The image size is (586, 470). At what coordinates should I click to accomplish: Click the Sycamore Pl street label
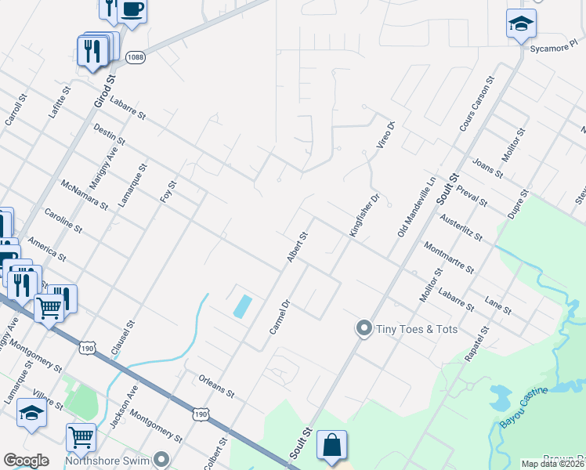click(x=552, y=48)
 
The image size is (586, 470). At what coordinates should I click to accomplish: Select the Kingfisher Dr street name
click(x=364, y=217)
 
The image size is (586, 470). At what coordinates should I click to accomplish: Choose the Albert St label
click(x=297, y=247)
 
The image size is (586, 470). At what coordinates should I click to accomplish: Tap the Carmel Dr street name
click(x=280, y=316)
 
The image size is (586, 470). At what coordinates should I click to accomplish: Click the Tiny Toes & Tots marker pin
click(x=364, y=329)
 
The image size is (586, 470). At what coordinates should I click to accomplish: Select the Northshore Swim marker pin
click(x=162, y=458)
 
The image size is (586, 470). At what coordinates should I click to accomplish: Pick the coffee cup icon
click(x=132, y=10)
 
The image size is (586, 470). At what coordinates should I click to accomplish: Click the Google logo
click(x=26, y=461)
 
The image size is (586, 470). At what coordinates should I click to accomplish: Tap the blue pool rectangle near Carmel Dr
click(x=243, y=305)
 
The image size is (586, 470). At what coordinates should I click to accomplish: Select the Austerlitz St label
click(x=461, y=228)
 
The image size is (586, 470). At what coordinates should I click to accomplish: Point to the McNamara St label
click(x=84, y=193)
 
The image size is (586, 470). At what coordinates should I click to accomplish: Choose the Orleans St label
click(x=217, y=385)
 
